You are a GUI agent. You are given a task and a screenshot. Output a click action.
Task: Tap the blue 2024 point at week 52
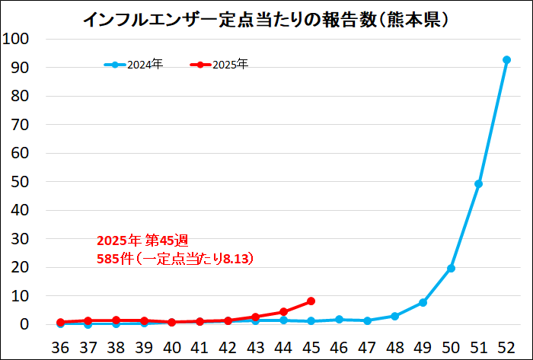pos(506,59)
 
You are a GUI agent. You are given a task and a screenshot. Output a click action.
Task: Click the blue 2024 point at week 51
pos(478,183)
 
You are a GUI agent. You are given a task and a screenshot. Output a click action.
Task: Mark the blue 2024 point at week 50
pos(451,268)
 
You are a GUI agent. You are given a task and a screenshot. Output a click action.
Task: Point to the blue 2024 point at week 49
pos(423,302)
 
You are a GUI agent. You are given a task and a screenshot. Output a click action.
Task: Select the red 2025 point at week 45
pos(311,301)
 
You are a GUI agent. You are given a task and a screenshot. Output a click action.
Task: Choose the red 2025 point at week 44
pos(283,311)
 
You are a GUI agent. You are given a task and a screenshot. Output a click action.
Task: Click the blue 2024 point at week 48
pos(394,316)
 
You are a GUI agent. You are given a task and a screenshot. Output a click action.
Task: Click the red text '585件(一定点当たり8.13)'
pos(175,259)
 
